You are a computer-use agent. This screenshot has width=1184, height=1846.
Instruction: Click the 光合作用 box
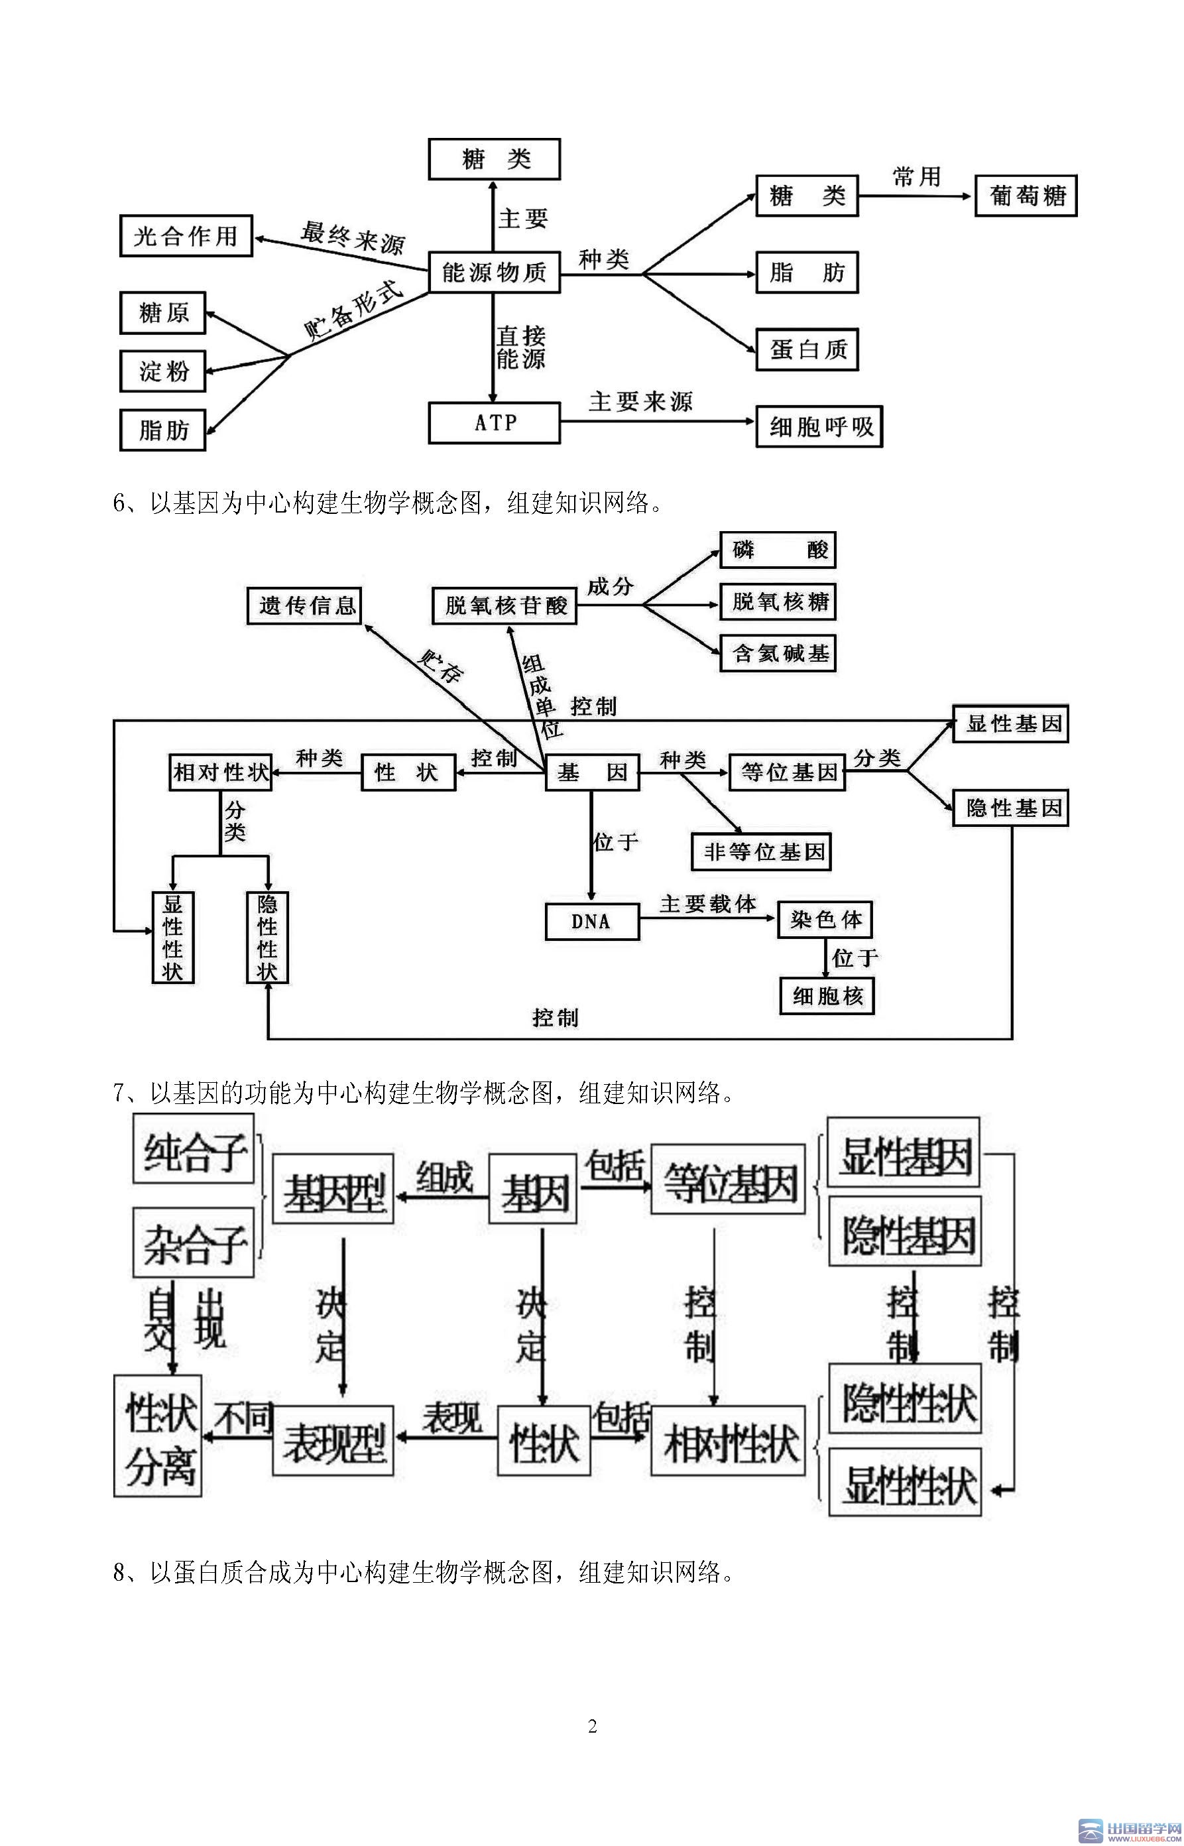click(186, 235)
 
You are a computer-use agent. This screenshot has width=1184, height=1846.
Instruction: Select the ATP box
click(494, 422)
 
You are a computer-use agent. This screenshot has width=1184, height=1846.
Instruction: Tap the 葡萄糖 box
click(1026, 196)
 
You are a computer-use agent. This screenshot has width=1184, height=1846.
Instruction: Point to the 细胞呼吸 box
click(819, 427)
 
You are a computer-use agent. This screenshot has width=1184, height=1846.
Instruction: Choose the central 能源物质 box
click(494, 272)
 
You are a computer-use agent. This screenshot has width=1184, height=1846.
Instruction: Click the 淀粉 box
click(163, 371)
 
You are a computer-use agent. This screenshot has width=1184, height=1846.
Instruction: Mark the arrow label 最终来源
click(352, 237)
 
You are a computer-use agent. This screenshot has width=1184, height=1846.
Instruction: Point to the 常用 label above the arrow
click(916, 177)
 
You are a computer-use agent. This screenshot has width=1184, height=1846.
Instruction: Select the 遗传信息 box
click(305, 605)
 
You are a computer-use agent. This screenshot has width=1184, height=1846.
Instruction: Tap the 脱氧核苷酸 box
click(504, 605)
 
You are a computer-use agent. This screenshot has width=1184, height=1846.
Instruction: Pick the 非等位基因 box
click(761, 852)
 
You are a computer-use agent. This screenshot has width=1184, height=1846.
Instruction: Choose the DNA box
click(591, 921)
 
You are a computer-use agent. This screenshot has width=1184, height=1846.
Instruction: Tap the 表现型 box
click(333, 1441)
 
